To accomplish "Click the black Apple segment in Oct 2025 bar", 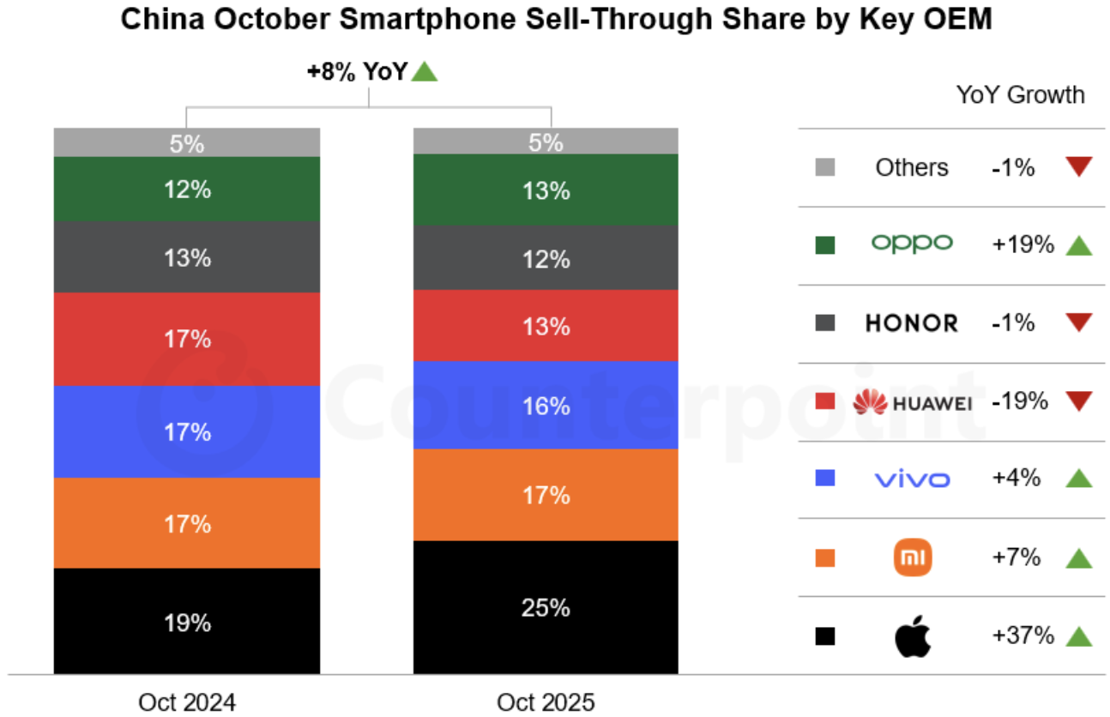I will point(546,607).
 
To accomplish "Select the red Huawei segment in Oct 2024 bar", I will point(187,340).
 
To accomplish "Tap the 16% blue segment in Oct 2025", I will point(546,406).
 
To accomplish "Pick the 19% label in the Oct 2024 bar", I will point(187,622).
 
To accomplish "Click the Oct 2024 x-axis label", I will point(187,702).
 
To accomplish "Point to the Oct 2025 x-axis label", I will point(546,702).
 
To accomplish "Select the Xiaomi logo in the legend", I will point(912,558).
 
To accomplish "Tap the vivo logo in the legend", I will point(912,479).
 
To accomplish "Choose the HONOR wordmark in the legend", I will point(912,323).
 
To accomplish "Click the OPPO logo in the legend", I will point(912,244).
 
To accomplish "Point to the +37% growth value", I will point(1023,636).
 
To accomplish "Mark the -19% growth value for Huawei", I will point(1019,401).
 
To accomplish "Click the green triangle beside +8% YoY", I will point(425,73).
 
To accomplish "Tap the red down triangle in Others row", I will point(1079,166).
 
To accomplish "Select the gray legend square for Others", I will point(824,167).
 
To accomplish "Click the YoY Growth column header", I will point(1020,94).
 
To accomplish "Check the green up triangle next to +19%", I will point(1079,246).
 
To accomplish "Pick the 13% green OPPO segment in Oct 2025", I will point(546,190).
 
